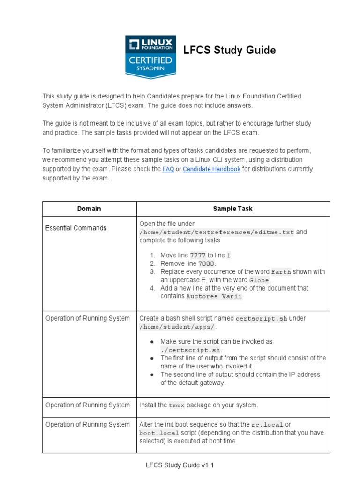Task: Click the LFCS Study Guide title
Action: (229, 50)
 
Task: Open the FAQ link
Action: (168, 169)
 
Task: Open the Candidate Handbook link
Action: (211, 169)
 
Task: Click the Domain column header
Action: (89, 209)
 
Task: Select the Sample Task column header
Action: (232, 209)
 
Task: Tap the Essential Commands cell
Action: (76, 228)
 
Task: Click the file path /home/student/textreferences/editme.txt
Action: (217, 232)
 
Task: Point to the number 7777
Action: (197, 255)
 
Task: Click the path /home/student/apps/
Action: (177, 327)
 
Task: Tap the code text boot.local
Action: (159, 433)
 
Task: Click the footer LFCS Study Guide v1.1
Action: (180, 465)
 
